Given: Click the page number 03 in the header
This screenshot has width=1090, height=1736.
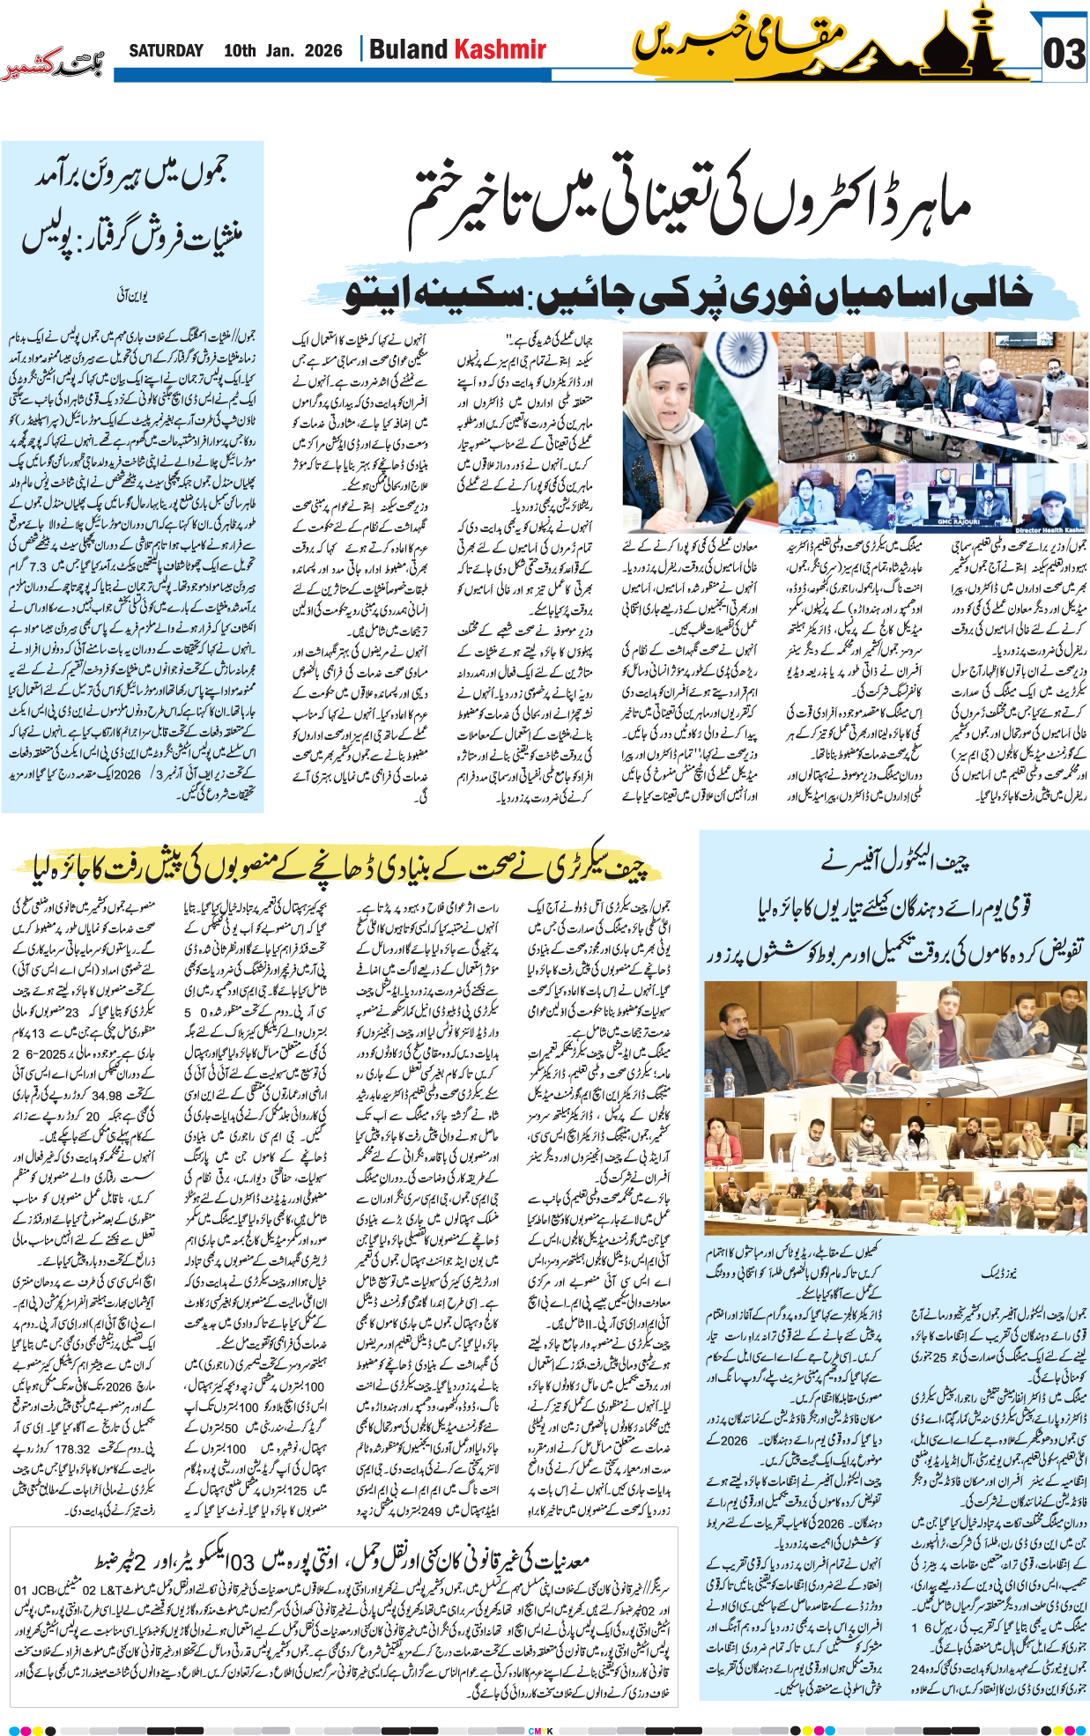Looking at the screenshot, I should [x=1064, y=54].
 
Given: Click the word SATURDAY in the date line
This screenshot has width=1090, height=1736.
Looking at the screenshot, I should [x=166, y=50].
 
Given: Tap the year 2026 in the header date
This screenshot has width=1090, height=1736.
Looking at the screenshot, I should [x=323, y=50].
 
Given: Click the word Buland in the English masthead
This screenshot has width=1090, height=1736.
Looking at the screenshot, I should [x=408, y=49].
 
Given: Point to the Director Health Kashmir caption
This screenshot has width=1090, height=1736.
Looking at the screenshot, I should [x=1049, y=529].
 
